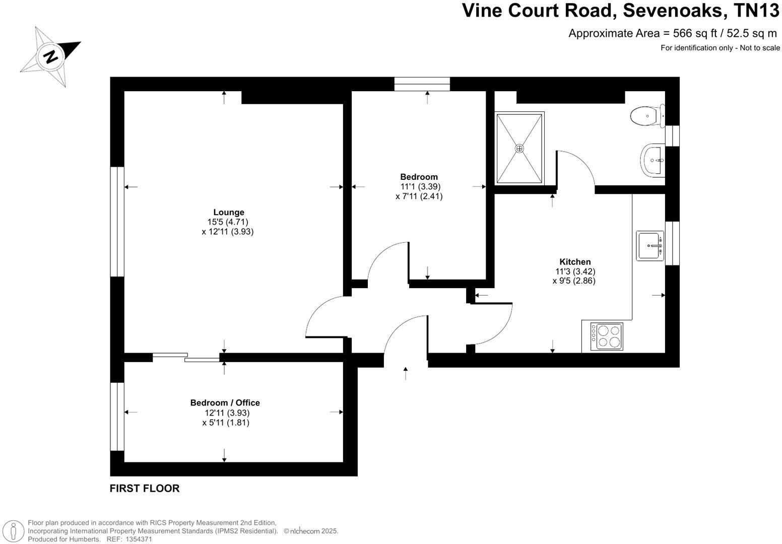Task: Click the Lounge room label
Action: point(228,213)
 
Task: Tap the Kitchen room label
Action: point(575,262)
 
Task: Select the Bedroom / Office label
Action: point(225,403)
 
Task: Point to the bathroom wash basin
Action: point(654,159)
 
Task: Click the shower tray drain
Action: point(519,149)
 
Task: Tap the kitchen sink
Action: point(650,246)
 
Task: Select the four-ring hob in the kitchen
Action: point(607,336)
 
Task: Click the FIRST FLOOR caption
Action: point(145,488)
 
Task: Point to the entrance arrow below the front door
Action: point(406,373)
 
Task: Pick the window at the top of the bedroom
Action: point(422,84)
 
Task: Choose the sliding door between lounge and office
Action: point(186,357)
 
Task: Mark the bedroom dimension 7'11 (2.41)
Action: point(419,196)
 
